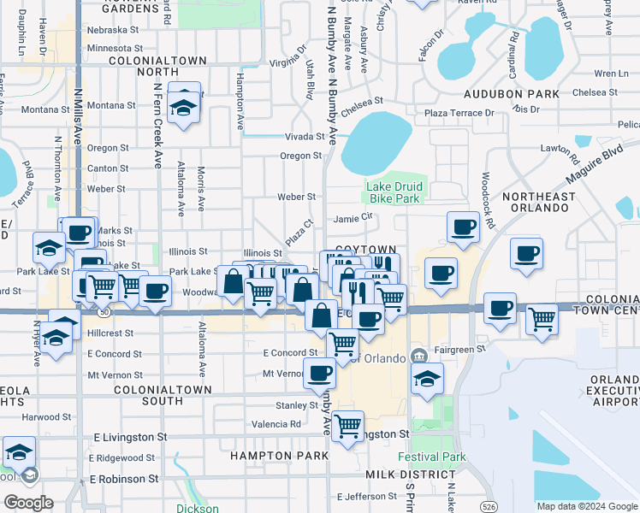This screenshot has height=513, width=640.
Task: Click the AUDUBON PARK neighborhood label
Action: [512, 94]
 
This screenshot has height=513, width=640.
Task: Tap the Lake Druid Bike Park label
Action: [394, 192]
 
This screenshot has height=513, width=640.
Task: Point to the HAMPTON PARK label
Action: [279, 456]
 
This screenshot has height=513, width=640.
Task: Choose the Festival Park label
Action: [438, 457]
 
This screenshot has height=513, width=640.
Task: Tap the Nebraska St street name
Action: [112, 30]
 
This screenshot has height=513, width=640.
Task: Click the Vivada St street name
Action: [305, 137]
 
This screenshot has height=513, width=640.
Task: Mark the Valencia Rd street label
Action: [276, 424]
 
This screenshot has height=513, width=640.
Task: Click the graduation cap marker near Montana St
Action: [182, 106]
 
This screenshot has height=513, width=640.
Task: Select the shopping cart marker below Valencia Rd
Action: [347, 425]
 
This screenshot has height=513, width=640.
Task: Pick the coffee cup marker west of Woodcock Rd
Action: [464, 227]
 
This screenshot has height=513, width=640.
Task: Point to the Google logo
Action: [27, 503]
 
